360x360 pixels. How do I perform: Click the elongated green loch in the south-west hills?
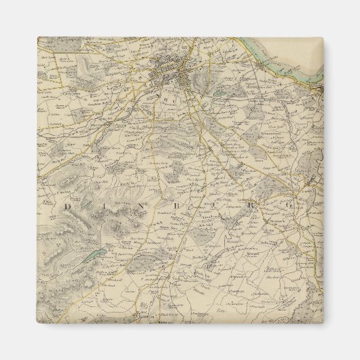pyautogui.click(x=94, y=257)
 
